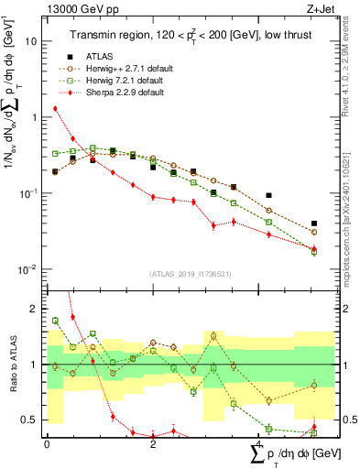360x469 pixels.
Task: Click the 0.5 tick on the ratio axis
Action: click(31, 420)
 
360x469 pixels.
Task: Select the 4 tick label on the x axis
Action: click(258, 444)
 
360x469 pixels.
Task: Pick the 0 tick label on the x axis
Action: click(47, 444)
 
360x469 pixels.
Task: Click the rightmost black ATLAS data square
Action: click(314, 224)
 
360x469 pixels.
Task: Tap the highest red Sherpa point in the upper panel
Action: click(55, 108)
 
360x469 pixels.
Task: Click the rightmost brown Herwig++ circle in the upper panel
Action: click(314, 233)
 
